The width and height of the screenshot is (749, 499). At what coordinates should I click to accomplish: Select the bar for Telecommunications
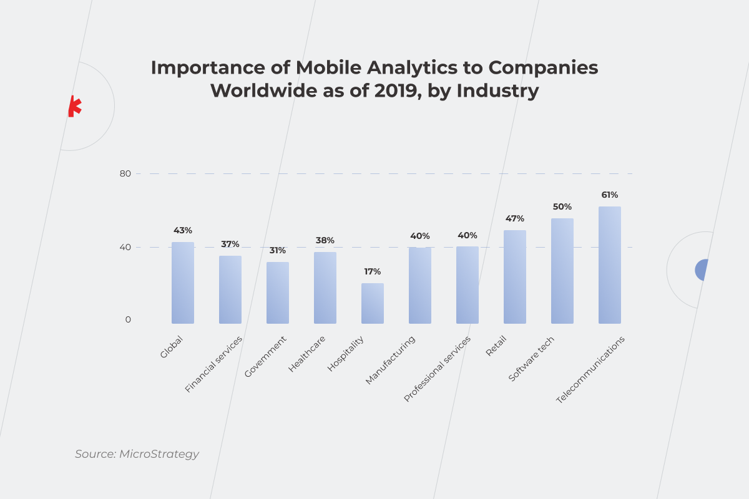click(609, 265)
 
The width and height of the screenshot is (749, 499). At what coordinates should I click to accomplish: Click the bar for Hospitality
click(372, 303)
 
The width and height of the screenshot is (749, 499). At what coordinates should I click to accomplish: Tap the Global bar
click(182, 283)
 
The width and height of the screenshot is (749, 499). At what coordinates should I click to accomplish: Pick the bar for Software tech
click(562, 271)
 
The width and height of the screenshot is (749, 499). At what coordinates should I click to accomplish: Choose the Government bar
click(277, 293)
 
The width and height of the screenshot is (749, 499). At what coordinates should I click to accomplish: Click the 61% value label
click(609, 195)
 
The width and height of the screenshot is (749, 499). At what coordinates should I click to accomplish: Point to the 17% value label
click(372, 271)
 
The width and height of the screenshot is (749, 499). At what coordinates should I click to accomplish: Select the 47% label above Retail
click(514, 218)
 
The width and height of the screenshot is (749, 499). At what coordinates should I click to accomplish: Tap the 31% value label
click(277, 250)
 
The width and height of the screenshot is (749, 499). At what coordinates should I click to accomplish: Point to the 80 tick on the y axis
click(125, 173)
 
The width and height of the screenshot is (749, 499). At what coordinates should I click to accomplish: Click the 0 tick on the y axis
click(128, 319)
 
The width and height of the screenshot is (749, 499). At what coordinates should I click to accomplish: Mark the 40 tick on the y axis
click(125, 247)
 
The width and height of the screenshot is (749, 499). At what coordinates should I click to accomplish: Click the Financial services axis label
click(213, 364)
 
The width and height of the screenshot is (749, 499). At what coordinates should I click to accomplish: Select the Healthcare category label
click(307, 354)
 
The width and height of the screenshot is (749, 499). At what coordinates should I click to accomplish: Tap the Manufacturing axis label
click(390, 360)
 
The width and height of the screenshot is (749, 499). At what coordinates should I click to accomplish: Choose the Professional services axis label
click(437, 369)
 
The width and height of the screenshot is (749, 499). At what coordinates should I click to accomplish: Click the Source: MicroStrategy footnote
click(137, 454)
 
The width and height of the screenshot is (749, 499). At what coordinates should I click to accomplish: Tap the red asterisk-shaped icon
click(74, 107)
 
